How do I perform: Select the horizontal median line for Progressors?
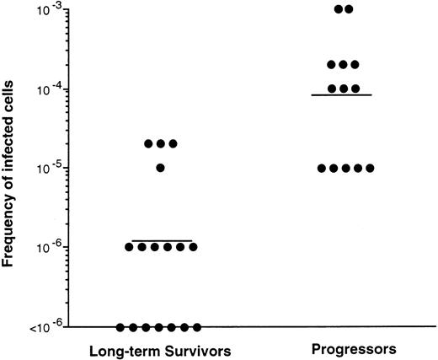tap(343, 95)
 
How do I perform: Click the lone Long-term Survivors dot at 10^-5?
tap(160, 168)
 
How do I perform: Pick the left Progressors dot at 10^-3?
tap(337, 9)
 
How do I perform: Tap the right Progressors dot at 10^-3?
tap(350, 9)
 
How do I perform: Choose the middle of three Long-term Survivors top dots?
tap(160, 143)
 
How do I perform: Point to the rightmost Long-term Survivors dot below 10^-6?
tap(197, 327)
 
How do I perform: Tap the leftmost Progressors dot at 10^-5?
tap(318, 168)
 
